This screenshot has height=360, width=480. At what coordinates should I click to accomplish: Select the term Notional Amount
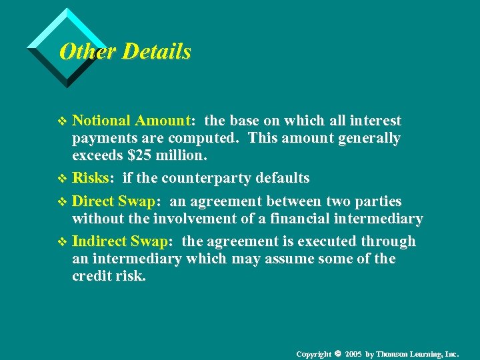click(x=131, y=121)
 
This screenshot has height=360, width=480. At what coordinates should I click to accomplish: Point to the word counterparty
click(x=213, y=178)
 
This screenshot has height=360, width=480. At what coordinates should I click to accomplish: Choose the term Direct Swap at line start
click(x=113, y=201)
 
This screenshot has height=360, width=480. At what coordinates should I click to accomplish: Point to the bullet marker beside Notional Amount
click(x=63, y=121)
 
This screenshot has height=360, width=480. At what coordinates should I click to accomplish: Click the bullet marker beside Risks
click(x=63, y=179)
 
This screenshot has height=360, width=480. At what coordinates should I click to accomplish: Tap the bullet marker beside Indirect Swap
click(x=63, y=242)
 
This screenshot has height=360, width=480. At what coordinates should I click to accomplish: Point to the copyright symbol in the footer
click(x=338, y=353)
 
